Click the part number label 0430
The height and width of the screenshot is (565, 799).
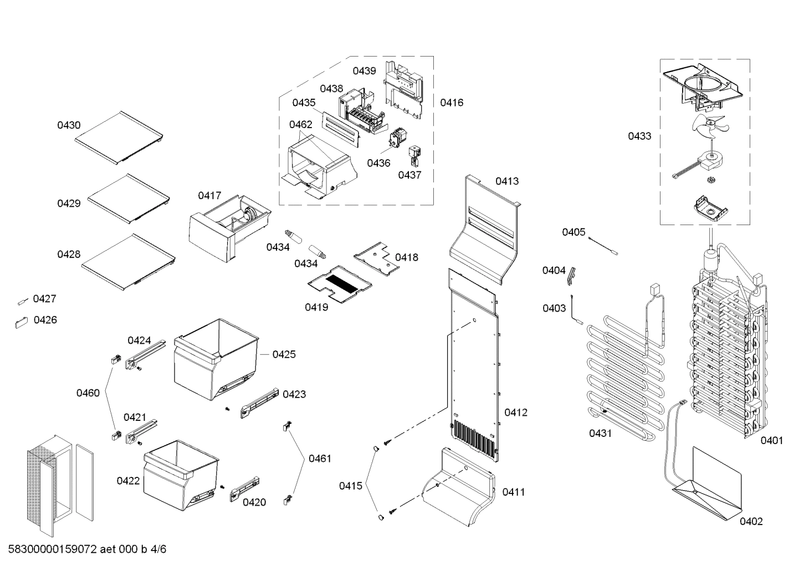pos(69,125)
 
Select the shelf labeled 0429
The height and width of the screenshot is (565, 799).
pos(128,198)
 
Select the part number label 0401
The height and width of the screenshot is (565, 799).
pos(771,440)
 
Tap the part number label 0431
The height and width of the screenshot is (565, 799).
pos(600,433)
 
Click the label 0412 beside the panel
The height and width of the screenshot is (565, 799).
pos(515,413)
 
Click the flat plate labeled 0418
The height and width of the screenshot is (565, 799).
pos(377,257)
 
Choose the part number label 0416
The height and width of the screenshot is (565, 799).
pos(452,103)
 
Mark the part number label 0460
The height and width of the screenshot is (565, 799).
pos(88,393)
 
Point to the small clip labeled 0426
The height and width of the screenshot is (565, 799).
pos(21,322)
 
